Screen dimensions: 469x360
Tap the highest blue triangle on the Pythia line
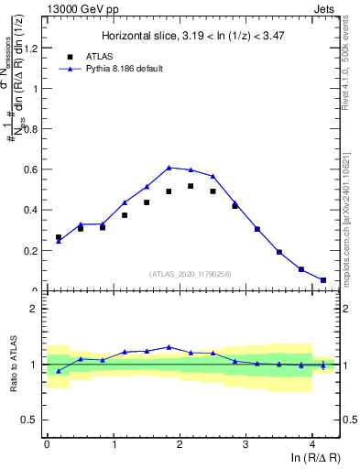coord(169,168)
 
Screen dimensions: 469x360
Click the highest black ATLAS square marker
coord(191,186)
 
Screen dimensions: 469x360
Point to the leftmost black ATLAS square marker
coord(59,237)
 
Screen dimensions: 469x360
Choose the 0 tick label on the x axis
coord(47,446)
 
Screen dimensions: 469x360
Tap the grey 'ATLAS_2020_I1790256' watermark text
coord(190,274)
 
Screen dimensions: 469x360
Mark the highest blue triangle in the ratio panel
coord(169,347)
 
